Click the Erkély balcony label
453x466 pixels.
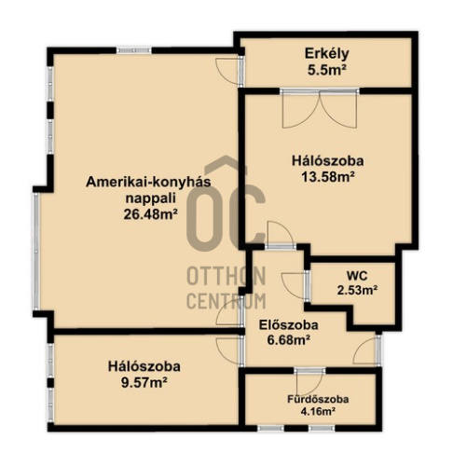(x=326, y=53)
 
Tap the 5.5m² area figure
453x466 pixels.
(x=327, y=70)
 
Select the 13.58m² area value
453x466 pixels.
(x=328, y=177)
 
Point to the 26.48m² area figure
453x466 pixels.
(x=150, y=214)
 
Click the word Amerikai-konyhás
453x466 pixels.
(x=148, y=182)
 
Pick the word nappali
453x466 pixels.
(x=150, y=199)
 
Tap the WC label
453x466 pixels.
(x=357, y=275)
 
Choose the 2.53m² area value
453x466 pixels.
(x=357, y=291)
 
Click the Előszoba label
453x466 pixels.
(x=289, y=325)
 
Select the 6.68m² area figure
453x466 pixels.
(x=289, y=340)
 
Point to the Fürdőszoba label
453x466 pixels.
(x=318, y=399)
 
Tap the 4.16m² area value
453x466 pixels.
(x=318, y=412)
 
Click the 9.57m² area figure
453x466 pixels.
(x=144, y=382)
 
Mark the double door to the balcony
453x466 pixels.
(x=320, y=108)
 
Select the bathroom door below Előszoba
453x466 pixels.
(x=309, y=382)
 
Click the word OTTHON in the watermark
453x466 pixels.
(x=226, y=276)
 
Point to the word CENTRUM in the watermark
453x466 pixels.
(x=226, y=300)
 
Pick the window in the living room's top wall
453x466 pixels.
(x=134, y=50)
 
